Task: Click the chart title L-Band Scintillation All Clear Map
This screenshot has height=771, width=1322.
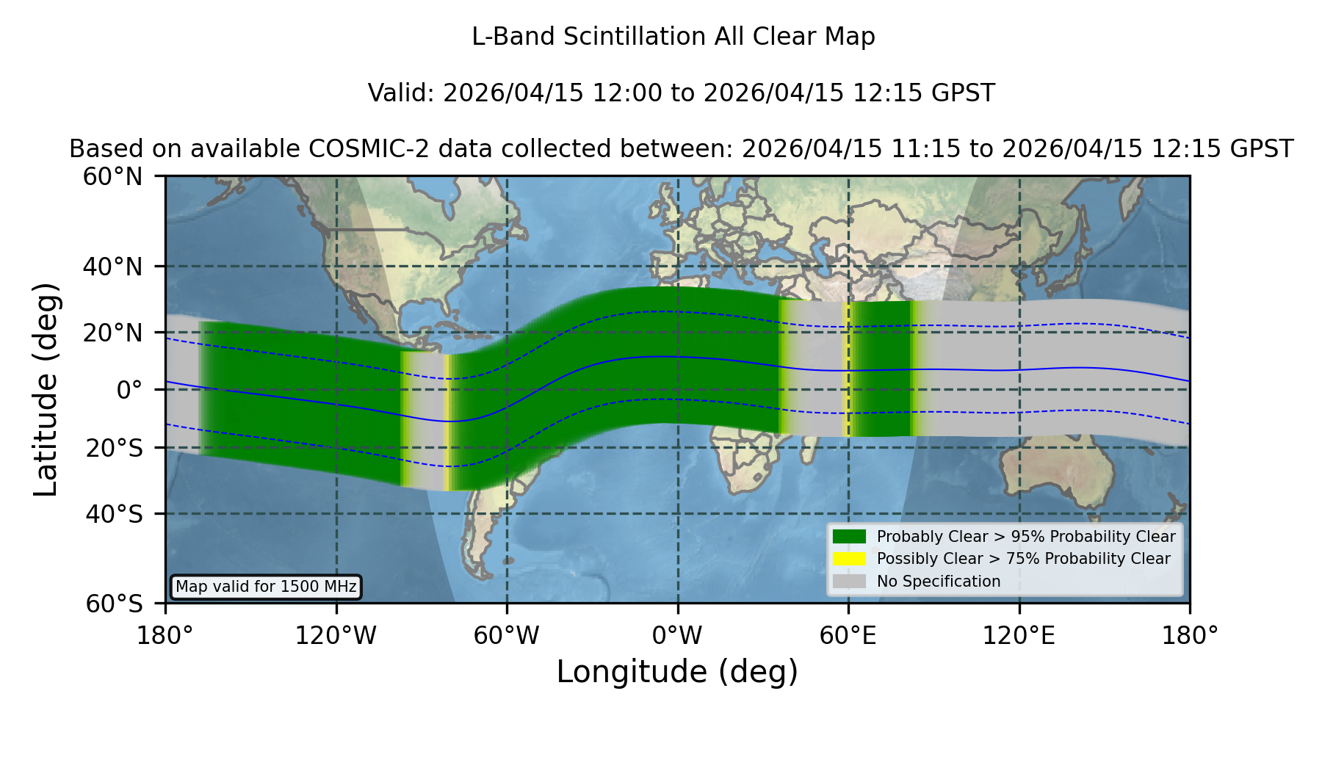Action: click(x=673, y=37)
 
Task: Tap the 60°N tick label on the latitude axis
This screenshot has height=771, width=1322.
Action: click(x=113, y=177)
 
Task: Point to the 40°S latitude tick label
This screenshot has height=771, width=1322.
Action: click(x=114, y=514)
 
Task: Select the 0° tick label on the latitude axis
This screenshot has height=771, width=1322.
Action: click(x=129, y=390)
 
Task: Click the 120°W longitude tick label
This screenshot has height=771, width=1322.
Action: click(x=336, y=636)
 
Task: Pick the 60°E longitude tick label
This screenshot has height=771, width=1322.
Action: click(x=848, y=636)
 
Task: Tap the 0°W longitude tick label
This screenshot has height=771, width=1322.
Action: click(x=678, y=636)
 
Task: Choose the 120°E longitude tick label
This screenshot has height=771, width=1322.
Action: click(x=1019, y=636)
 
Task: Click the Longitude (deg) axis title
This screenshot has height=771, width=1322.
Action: click(x=677, y=672)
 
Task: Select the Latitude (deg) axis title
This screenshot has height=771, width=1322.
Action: click(x=46, y=389)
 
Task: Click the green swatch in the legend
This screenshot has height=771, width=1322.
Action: click(x=849, y=536)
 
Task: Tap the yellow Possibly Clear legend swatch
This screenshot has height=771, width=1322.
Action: click(x=849, y=558)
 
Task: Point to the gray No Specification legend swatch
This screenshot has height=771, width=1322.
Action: click(x=849, y=581)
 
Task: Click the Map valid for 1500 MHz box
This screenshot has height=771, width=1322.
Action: click(x=266, y=587)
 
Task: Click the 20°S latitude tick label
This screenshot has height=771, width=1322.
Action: click(x=114, y=448)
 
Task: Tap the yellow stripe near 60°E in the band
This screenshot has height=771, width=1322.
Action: click(x=846, y=369)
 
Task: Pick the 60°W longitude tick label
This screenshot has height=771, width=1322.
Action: click(x=507, y=636)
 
